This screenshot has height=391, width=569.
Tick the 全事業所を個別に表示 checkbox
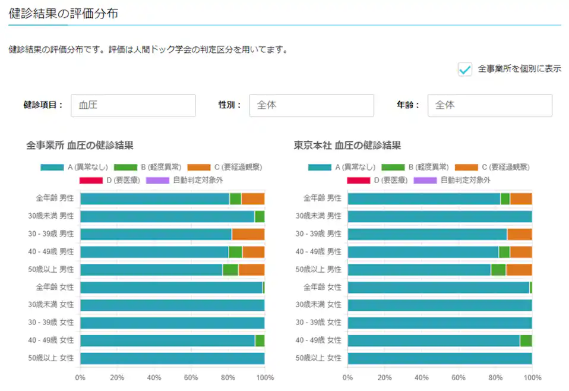coord(464,69)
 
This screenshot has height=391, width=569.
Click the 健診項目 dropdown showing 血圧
coord(133,105)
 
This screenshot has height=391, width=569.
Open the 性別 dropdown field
coord(311,105)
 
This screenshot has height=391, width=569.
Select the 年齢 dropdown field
coord(489,105)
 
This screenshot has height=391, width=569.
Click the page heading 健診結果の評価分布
coord(63,13)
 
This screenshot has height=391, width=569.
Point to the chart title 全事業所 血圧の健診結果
coord(80,144)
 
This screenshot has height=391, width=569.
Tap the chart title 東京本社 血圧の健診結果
coord(347,144)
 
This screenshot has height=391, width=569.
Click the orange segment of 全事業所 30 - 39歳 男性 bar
coord(248,234)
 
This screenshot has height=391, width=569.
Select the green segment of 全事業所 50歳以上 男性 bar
coord(230,270)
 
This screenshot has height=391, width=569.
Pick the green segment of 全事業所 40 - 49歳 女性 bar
coord(260,340)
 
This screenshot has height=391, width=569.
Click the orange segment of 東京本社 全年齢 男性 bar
coord(521,198)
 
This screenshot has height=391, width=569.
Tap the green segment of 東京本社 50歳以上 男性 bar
coord(498,270)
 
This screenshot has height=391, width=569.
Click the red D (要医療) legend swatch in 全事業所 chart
coord(91,179)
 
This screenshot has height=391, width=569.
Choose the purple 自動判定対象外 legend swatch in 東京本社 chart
coord(425,179)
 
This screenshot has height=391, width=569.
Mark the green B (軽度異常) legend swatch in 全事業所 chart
coord(125,167)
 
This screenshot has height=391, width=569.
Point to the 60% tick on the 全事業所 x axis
coord(191,377)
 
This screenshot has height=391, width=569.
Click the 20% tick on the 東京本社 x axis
coord(384,377)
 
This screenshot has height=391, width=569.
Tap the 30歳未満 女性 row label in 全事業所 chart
coord(55,305)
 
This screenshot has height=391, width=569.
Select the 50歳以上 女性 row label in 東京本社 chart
coord(322,358)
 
